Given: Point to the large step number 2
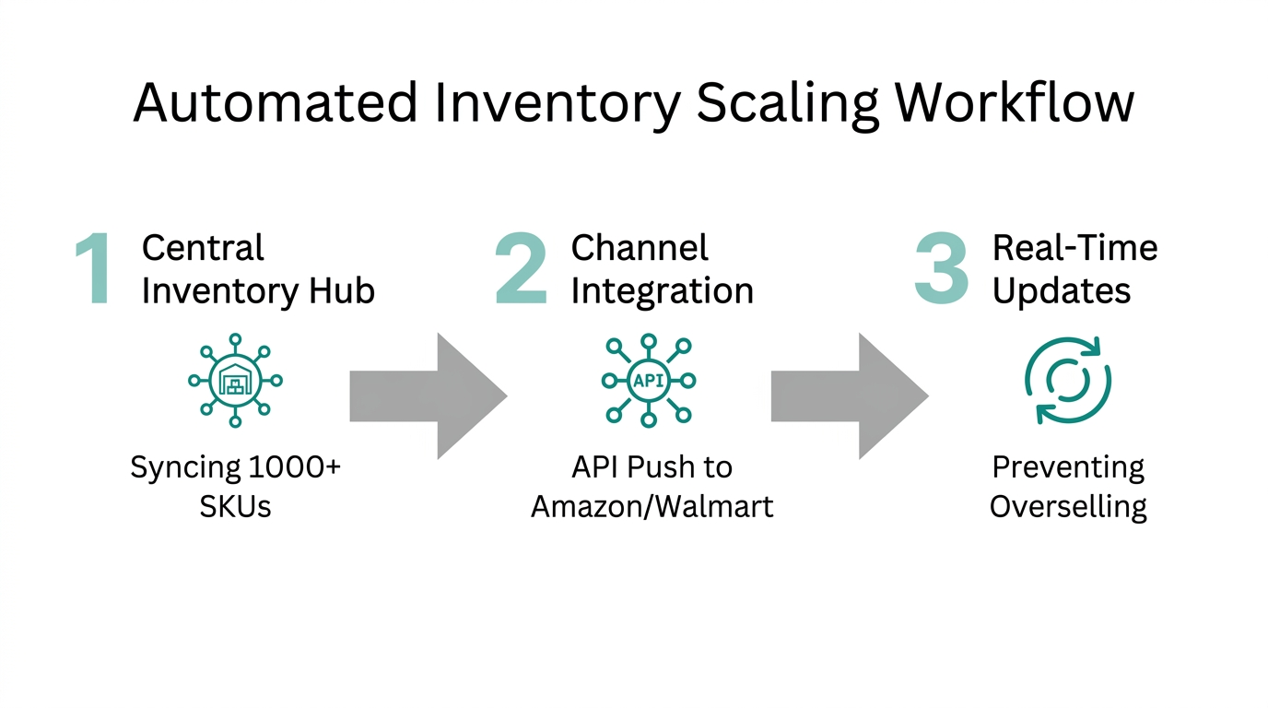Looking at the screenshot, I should pos(521,269).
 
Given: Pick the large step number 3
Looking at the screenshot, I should pos(941,269).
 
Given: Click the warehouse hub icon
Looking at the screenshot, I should pos(235,380).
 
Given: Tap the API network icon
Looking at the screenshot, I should pos(648,380).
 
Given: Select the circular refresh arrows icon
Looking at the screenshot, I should pos(1068,380).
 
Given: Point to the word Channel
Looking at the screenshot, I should pos(640,248).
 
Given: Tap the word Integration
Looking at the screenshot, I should pos(662,291).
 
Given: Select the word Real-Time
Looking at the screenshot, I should pos(1074,248).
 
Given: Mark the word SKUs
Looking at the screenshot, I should pos(235,506).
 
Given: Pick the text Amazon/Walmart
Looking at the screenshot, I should pos(652,506).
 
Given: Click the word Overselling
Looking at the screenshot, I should pos(1068,506).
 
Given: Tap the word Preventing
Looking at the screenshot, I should pos(1068,467).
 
